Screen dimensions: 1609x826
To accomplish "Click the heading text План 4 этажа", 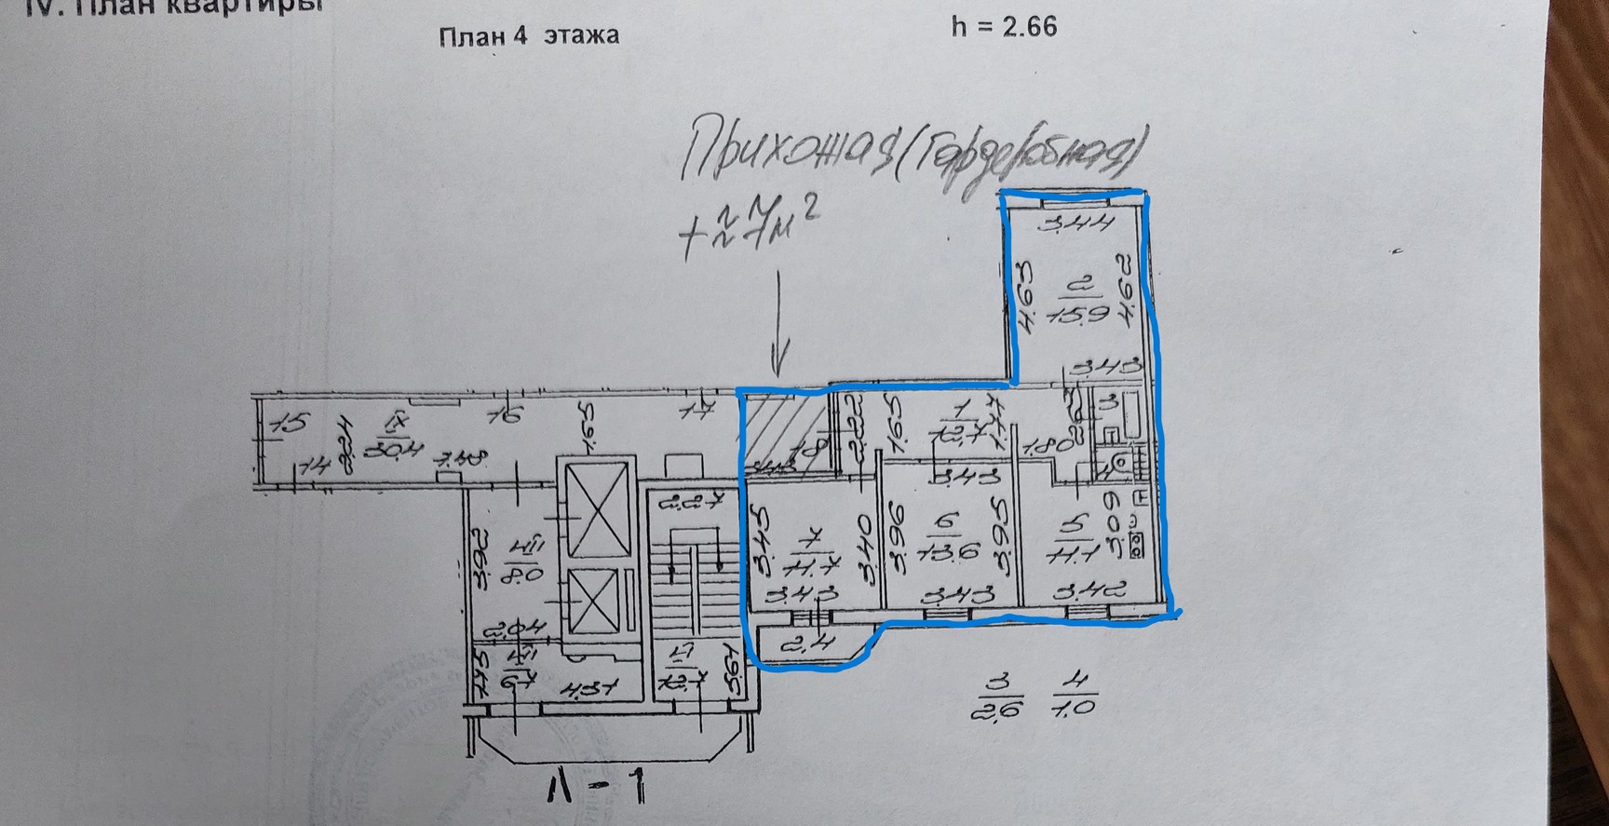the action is (528, 36).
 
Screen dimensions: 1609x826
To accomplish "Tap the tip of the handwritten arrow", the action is (779, 370).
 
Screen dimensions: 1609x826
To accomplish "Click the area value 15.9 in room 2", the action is (1078, 314).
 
